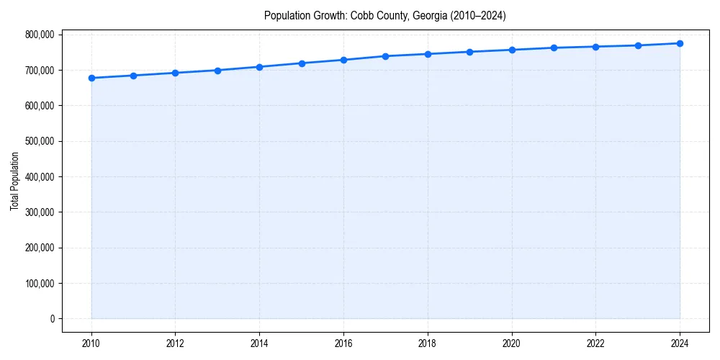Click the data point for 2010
(x=91, y=78)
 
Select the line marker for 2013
(x=217, y=71)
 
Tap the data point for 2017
(x=386, y=56)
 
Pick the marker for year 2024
(x=680, y=43)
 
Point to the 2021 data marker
(x=554, y=48)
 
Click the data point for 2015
(x=302, y=63)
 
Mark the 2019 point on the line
(x=469, y=52)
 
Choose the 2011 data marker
(x=133, y=76)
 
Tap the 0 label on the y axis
(x=52, y=319)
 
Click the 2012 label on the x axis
(x=175, y=343)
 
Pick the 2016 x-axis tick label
(x=343, y=343)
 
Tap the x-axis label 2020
(x=512, y=343)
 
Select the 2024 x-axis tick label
(x=680, y=343)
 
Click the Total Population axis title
(x=14, y=181)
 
